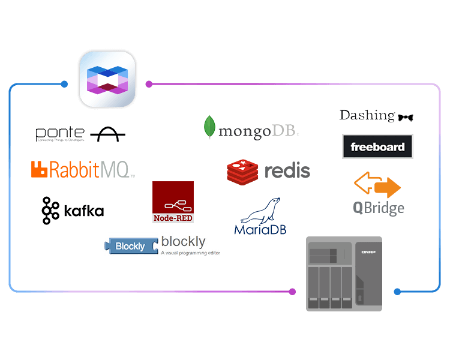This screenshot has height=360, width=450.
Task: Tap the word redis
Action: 287,171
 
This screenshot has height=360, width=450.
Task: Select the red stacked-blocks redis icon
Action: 242,171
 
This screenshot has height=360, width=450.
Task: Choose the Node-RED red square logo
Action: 173,202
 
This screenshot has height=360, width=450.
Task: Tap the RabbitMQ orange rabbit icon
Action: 39,169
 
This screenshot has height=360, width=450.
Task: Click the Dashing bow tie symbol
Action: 406,117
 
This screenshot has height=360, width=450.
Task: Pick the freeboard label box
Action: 377,147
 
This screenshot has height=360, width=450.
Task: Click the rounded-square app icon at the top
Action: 107,80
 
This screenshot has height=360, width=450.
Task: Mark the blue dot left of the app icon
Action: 64,84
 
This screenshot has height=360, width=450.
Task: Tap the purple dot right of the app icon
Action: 149,84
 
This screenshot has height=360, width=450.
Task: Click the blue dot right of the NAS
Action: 397,292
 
